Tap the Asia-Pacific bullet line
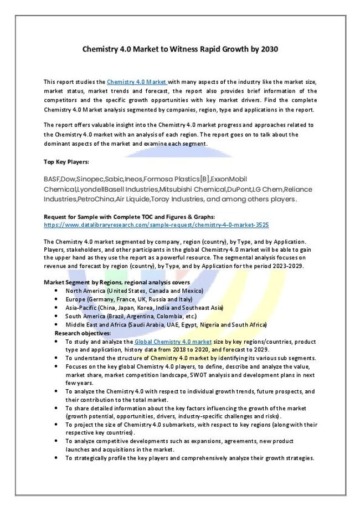tap(144, 308)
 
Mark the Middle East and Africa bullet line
tap(166, 324)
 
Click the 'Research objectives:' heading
tap(83, 333)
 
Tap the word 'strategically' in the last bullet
tap(91, 458)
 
